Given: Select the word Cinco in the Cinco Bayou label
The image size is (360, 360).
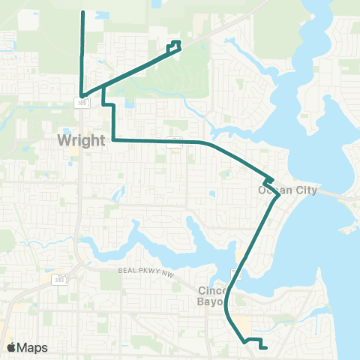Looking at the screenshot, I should coord(213,290).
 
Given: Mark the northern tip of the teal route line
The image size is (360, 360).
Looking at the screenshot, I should coord(82,13).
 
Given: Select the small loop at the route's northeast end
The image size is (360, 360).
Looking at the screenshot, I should coord(175,46).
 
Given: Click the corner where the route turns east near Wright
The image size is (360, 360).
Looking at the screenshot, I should coord(112,139).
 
